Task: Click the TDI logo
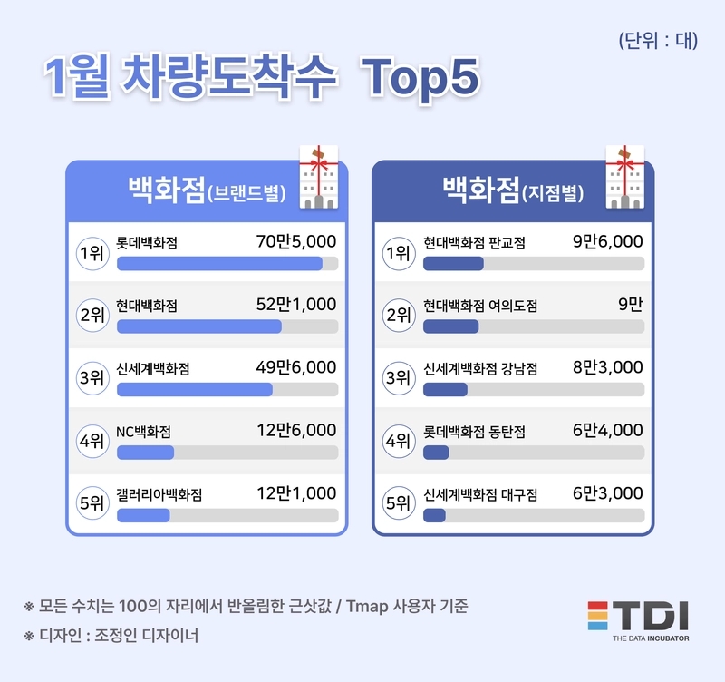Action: [x=638, y=621]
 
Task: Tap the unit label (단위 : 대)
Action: [x=658, y=41]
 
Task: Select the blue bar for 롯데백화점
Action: [x=219, y=263]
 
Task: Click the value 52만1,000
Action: [x=296, y=305]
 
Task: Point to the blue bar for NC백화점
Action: [x=145, y=452]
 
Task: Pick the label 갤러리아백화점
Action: [x=159, y=494]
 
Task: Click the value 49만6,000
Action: [x=296, y=367]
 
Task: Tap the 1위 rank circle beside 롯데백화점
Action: [x=92, y=253]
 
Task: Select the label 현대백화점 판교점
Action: [x=474, y=243]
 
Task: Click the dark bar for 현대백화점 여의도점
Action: [x=450, y=326]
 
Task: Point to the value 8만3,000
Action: [x=607, y=367]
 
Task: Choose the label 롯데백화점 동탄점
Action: [x=474, y=432]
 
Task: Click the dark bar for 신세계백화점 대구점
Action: [x=434, y=515]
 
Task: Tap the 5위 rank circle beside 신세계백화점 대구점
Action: [x=399, y=503]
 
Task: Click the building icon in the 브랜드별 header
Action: [x=319, y=177]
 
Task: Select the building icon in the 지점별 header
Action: [x=625, y=177]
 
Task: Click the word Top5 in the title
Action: [x=420, y=77]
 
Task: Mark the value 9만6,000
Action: [x=607, y=241]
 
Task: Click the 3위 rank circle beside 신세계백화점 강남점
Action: [x=399, y=378]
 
